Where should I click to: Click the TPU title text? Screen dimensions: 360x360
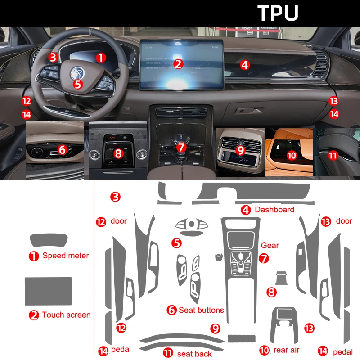(278, 13)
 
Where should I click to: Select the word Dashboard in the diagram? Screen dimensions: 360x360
(274, 210)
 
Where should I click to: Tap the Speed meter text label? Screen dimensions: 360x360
(66, 256)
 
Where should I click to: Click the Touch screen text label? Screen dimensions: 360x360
(66, 315)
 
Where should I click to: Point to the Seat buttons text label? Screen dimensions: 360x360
(201, 310)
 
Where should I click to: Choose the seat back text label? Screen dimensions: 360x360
(194, 354)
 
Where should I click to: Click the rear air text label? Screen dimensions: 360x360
(286, 350)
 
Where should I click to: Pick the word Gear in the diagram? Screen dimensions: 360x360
(270, 245)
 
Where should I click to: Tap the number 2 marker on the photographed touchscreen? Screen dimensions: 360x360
(179, 64)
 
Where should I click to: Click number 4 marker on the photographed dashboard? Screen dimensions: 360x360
(244, 65)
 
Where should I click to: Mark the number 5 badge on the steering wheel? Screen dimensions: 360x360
(77, 83)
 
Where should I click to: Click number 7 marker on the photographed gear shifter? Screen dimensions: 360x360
(180, 147)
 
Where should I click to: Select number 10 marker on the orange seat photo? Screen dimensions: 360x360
(292, 155)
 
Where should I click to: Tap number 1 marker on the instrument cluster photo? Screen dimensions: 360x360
(101, 58)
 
